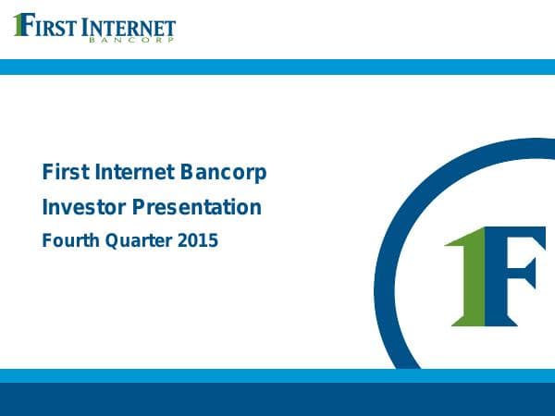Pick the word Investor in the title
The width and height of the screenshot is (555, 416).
(80, 208)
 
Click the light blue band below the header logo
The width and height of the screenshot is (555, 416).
(277, 67)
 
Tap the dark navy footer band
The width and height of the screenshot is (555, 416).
(277, 399)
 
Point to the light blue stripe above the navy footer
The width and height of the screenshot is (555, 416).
(277, 375)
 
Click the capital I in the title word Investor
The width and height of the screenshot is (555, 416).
(45, 208)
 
